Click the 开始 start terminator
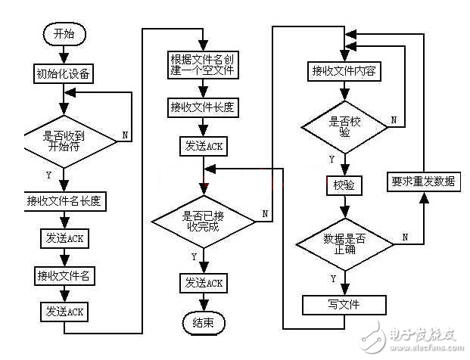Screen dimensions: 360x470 click(x=65, y=34)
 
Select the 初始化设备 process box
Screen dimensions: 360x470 click(x=64, y=73)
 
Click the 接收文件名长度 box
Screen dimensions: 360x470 click(x=64, y=201)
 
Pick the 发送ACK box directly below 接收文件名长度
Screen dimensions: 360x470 click(x=64, y=237)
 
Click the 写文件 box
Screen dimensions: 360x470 click(x=345, y=306)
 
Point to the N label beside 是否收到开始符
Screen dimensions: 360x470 click(x=125, y=138)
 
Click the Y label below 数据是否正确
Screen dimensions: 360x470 click(x=334, y=278)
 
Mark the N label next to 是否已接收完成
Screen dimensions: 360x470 click(x=265, y=214)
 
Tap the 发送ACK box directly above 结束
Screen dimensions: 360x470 click(x=203, y=283)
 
